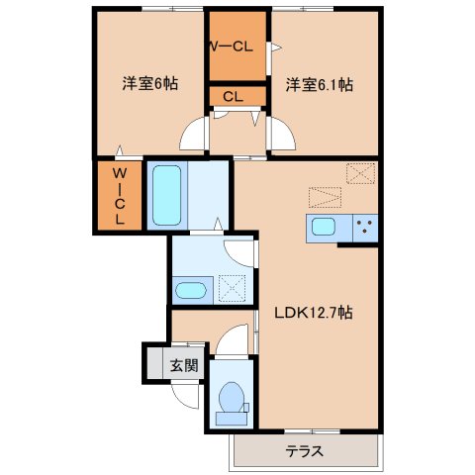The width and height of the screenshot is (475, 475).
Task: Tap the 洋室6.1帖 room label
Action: [x=320, y=84]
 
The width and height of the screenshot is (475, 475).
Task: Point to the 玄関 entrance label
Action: [x=184, y=365]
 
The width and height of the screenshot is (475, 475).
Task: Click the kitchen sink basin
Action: [x=324, y=227]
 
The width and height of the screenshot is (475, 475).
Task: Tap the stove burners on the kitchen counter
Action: [x=363, y=227]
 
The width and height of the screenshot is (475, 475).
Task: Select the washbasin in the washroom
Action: [x=189, y=290]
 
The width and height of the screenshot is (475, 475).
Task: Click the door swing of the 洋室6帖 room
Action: [x=197, y=133]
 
